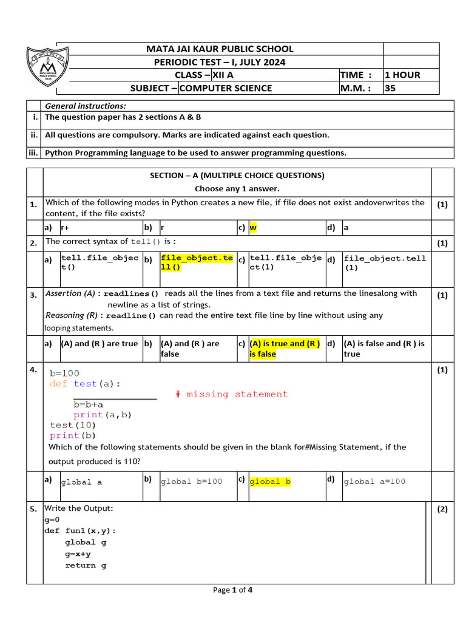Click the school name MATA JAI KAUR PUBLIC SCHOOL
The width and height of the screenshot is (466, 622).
219,49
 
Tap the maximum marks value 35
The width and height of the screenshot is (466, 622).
390,88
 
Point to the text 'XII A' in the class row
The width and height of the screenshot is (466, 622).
222,75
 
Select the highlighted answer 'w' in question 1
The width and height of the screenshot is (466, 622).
254,228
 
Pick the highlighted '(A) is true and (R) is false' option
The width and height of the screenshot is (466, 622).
285,349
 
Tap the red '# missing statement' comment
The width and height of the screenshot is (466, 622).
231,394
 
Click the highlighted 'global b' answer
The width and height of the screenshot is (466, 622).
270,482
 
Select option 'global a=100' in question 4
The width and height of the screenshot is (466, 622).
374,482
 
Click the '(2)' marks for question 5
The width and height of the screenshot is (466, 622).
442,509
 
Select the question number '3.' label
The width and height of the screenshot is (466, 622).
34,295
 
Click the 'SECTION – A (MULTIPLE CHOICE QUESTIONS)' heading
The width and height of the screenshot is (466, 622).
237,176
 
